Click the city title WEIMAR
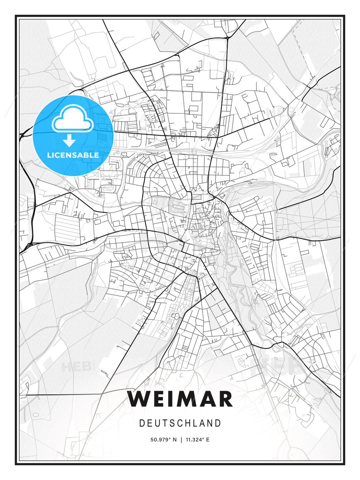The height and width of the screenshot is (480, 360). pyautogui.click(x=180, y=399)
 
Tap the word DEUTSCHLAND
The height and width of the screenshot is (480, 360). pyautogui.click(x=180, y=423)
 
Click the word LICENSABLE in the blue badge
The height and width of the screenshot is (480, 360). pyautogui.click(x=73, y=155)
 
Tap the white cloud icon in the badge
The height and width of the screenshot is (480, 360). pyautogui.click(x=72, y=119)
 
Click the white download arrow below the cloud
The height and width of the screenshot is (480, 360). pyautogui.click(x=69, y=141)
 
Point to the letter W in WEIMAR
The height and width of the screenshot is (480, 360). pyautogui.click(x=139, y=399)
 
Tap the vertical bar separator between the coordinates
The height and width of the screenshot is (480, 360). pyautogui.click(x=181, y=440)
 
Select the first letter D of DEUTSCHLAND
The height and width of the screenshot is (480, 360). pyautogui.click(x=142, y=423)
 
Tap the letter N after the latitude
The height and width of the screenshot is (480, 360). pyautogui.click(x=174, y=440)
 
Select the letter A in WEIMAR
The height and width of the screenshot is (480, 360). pyautogui.click(x=207, y=399)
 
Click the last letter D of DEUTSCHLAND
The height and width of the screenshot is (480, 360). pyautogui.click(x=218, y=423)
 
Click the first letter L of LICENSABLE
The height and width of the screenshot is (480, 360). pyautogui.click(x=49, y=155)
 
